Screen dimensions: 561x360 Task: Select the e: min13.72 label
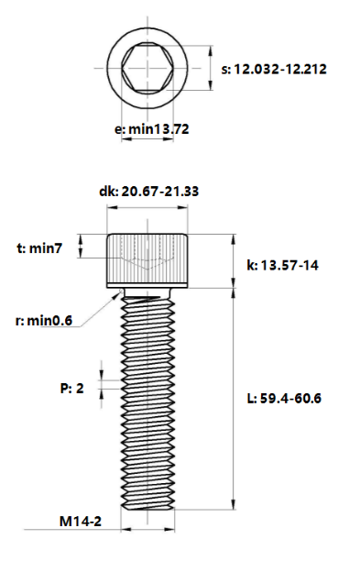click(152, 130)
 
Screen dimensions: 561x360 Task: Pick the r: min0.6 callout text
click(44, 321)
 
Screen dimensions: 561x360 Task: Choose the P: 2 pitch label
click(71, 389)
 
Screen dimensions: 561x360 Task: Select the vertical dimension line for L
click(233, 398)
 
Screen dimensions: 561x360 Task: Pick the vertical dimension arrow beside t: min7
click(82, 247)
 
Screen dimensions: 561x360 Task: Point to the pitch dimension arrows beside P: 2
click(103, 389)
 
